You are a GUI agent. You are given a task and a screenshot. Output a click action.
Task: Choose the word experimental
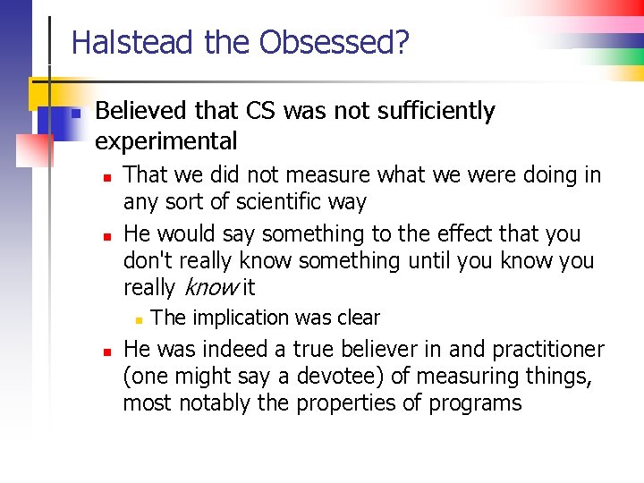click(x=166, y=140)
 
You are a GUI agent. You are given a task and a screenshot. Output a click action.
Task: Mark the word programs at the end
click(x=476, y=402)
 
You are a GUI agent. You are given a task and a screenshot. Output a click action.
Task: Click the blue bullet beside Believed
click(x=77, y=113)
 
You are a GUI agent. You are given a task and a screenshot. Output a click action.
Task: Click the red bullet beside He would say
click(x=106, y=236)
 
